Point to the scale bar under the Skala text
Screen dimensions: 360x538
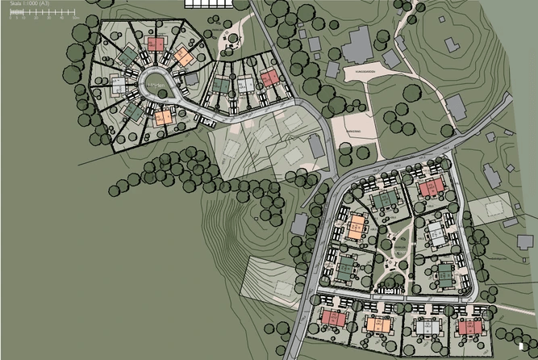coord(40,15)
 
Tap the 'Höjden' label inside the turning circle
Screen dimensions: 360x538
coord(152,79)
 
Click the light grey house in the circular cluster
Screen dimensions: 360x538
coord(118,82)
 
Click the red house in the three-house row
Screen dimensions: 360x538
coord(269,77)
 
